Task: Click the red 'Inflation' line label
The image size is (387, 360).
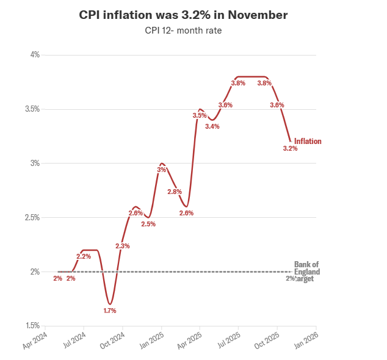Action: (308, 142)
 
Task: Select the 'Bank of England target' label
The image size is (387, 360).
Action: (306, 272)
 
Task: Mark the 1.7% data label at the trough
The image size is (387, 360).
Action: (109, 311)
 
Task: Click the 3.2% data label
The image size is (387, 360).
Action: (290, 148)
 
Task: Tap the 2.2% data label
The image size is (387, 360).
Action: (84, 256)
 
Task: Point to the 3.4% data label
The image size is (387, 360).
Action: (212, 126)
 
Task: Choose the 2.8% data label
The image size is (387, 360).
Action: (174, 192)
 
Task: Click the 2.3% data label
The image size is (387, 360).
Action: (122, 246)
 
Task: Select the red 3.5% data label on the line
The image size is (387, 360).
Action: (200, 115)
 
